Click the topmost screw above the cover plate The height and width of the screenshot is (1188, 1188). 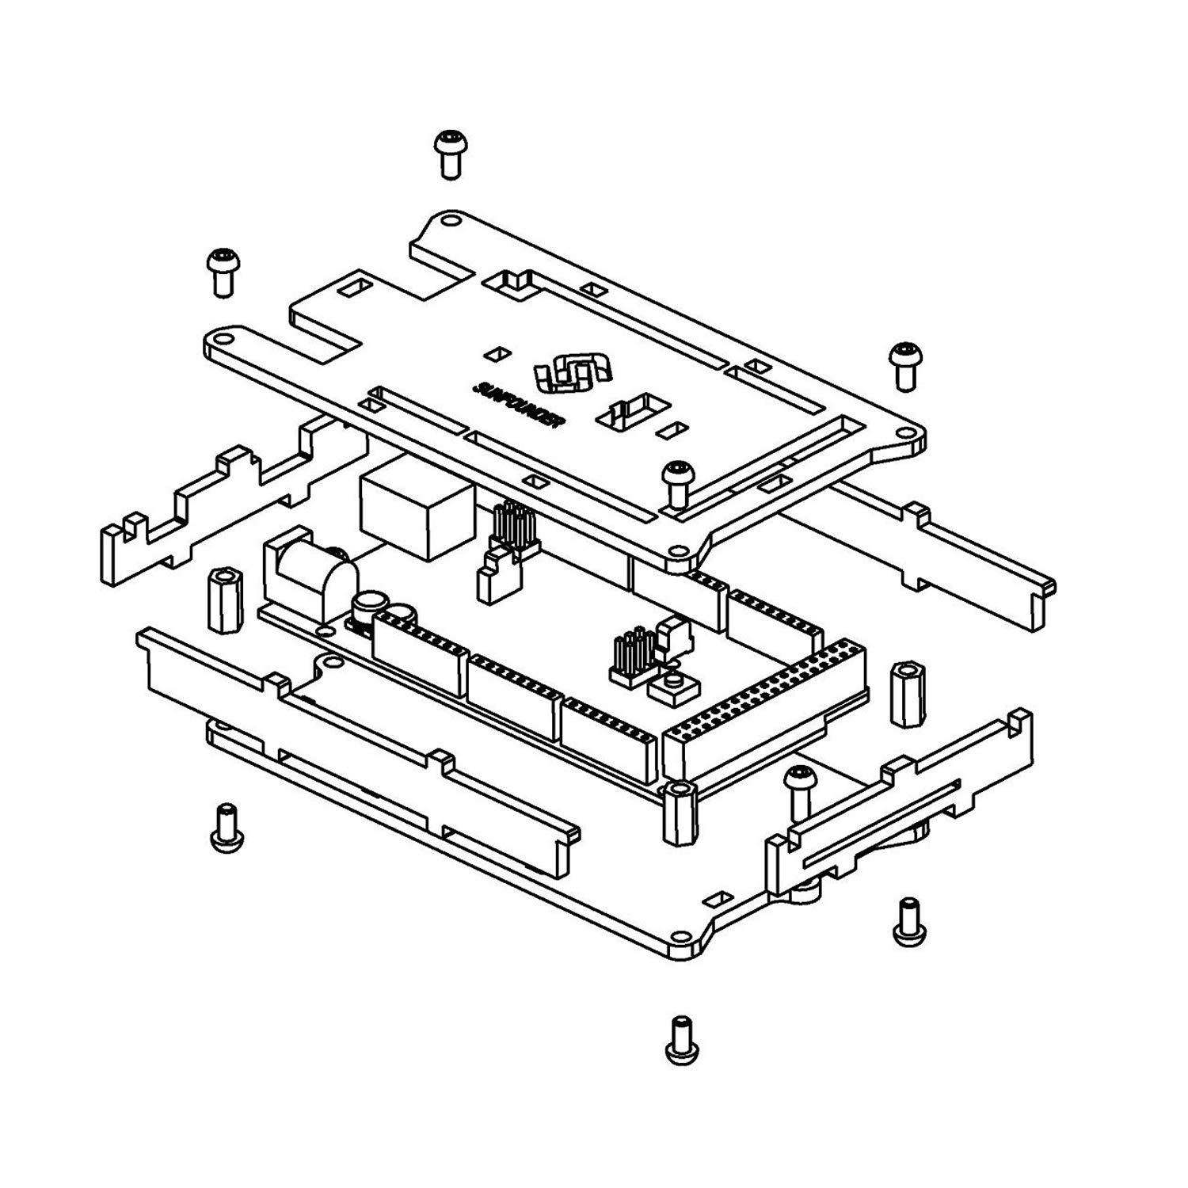point(451,154)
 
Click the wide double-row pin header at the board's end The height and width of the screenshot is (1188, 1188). point(764,713)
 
